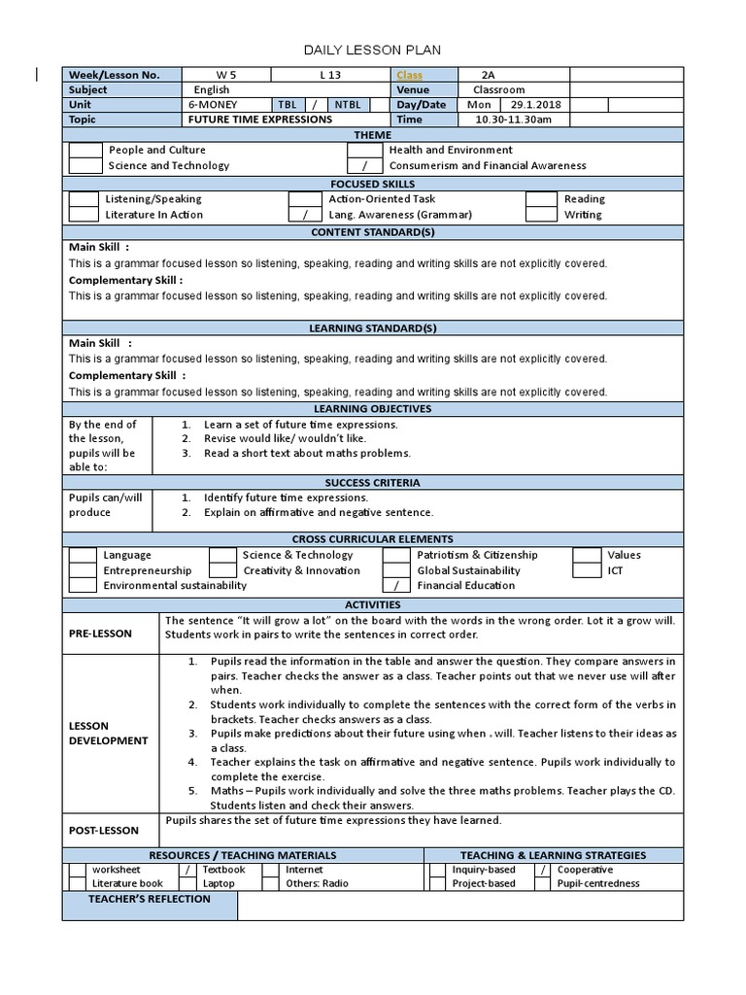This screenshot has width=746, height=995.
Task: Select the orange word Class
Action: coord(408,75)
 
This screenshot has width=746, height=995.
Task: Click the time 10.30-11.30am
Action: coord(513,120)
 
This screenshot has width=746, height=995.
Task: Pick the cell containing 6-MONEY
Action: coord(213,105)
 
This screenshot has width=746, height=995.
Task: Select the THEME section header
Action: coord(373,135)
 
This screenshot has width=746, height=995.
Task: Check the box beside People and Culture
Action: coord(85,151)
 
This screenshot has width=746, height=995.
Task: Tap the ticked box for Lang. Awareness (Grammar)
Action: coord(305,215)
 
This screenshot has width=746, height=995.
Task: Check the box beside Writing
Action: coord(541,215)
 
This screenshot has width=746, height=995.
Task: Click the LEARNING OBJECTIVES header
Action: coord(373,409)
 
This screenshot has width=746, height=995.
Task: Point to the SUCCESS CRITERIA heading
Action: coord(373,482)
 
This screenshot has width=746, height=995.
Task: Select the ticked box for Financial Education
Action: coord(396,586)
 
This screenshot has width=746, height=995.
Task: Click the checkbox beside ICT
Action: coord(587,571)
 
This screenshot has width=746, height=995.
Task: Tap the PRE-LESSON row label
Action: coord(100,634)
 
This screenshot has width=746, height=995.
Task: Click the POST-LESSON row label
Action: coord(104,831)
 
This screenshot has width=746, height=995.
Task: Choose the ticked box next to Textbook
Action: coord(188,870)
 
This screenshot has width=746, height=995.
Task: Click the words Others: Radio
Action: coord(317,884)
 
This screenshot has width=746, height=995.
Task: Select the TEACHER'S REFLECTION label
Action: coord(150,899)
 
